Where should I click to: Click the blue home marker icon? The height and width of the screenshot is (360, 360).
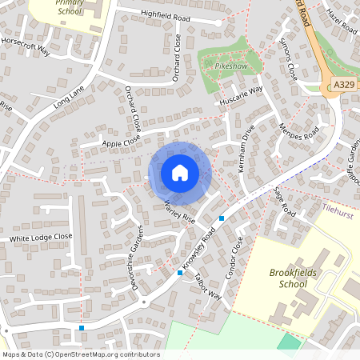(179, 173)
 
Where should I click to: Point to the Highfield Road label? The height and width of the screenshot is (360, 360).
(166, 16)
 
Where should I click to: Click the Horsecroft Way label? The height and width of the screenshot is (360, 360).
(26, 46)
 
